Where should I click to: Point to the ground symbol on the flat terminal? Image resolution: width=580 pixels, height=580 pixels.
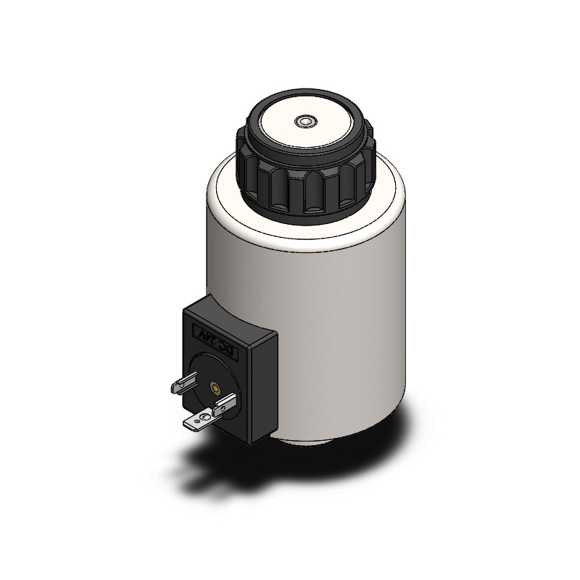[204, 417]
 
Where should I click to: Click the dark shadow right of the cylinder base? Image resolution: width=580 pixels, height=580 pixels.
[406, 435]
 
